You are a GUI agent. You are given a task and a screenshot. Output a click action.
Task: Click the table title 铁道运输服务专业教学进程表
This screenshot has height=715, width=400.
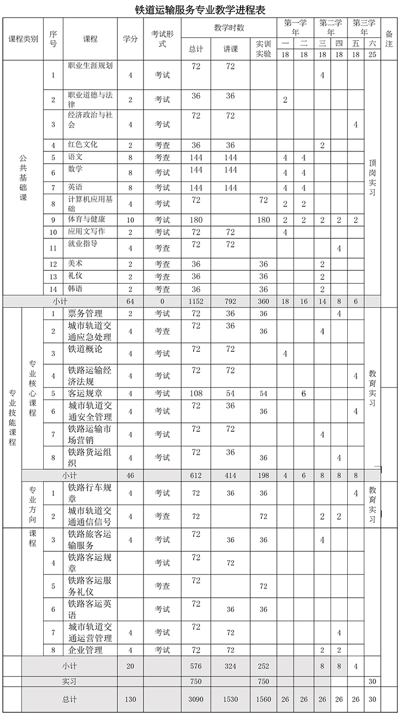click(x=200, y=9)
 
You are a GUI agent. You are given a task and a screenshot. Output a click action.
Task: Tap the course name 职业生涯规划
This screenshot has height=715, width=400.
click(x=90, y=66)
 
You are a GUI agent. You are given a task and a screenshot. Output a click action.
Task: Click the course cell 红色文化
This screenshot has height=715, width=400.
click(x=83, y=145)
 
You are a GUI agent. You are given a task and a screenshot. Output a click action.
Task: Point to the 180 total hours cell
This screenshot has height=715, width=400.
click(x=196, y=220)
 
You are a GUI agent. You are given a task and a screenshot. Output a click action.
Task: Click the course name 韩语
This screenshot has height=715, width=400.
click(x=76, y=288)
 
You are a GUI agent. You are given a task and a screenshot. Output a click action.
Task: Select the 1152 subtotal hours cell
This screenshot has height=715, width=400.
click(x=196, y=301)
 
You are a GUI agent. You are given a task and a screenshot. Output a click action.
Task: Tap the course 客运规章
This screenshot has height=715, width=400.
click(x=85, y=393)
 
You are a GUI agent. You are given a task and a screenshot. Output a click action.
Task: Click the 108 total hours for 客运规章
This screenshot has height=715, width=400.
click(x=196, y=393)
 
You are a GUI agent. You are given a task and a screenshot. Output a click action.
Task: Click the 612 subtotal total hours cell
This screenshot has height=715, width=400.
click(x=196, y=475)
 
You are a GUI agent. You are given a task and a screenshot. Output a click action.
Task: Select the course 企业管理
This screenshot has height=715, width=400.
click(x=86, y=650)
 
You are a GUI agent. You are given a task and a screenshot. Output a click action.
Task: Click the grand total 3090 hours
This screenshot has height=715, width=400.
click(x=196, y=700)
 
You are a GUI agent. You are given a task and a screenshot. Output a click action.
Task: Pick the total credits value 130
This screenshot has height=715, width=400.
click(x=130, y=700)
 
